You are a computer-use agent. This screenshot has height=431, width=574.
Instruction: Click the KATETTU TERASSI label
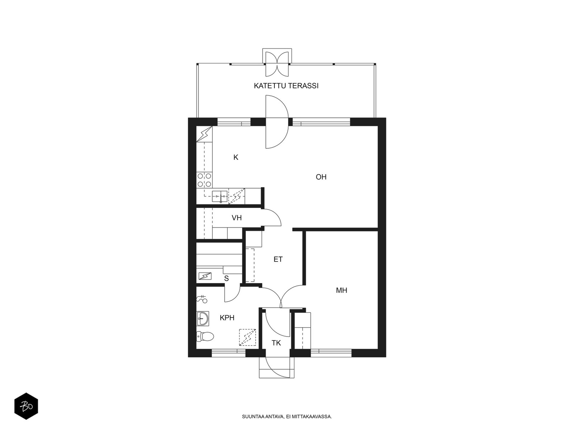point(286,86)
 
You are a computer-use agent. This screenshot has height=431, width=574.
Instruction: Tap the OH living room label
point(321,177)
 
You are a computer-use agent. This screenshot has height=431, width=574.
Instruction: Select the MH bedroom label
point(342,290)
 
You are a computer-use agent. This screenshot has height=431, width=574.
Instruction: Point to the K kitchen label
point(236,157)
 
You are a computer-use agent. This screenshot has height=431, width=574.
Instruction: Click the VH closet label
point(237,218)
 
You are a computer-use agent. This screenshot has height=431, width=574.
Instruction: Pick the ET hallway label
point(278,259)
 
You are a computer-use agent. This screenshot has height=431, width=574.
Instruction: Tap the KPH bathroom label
point(227,318)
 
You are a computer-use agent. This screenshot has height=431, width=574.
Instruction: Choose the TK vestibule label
point(276,343)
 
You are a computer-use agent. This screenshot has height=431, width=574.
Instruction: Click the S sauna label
point(226,279)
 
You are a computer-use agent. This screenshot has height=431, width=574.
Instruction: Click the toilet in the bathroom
point(205,336)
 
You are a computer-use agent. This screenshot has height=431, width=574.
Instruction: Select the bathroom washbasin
point(203,319)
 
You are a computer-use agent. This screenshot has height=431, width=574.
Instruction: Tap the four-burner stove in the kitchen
point(204,180)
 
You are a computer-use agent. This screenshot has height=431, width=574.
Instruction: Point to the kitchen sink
point(220,196)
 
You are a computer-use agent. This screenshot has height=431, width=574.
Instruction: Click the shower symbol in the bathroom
point(202,299)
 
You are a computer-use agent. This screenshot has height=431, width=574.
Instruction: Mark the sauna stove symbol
point(205,276)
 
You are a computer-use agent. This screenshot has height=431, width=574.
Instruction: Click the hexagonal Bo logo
point(26,406)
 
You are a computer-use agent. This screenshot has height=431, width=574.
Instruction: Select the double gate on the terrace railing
point(277,64)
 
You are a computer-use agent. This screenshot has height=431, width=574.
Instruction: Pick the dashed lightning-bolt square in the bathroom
point(248,337)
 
